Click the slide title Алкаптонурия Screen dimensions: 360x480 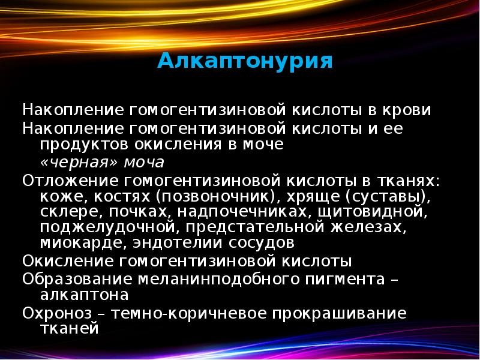[x=245, y=61]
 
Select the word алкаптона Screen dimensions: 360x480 [x=84, y=296]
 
